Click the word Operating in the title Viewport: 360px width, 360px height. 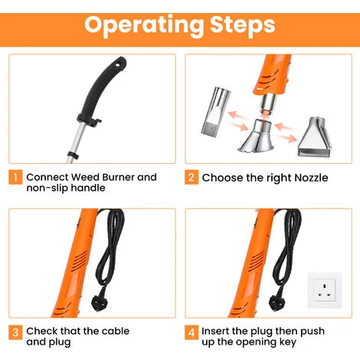click(x=144, y=25)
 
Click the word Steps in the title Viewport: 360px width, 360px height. click(x=243, y=25)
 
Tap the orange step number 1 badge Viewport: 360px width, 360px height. click(x=15, y=177)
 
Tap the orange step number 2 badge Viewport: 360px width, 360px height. click(x=191, y=177)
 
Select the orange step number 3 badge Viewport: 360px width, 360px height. click(x=15, y=332)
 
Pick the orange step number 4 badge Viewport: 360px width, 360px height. click(x=191, y=332)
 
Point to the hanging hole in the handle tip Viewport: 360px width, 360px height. click(x=119, y=64)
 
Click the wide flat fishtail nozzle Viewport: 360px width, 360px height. click(x=315, y=137)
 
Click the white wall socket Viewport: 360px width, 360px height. click(x=324, y=290)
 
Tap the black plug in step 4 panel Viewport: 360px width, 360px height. click(x=277, y=303)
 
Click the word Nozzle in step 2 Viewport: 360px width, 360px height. click(x=311, y=178)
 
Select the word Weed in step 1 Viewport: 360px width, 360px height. click(x=85, y=177)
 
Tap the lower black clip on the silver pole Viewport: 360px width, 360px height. click(x=73, y=155)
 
